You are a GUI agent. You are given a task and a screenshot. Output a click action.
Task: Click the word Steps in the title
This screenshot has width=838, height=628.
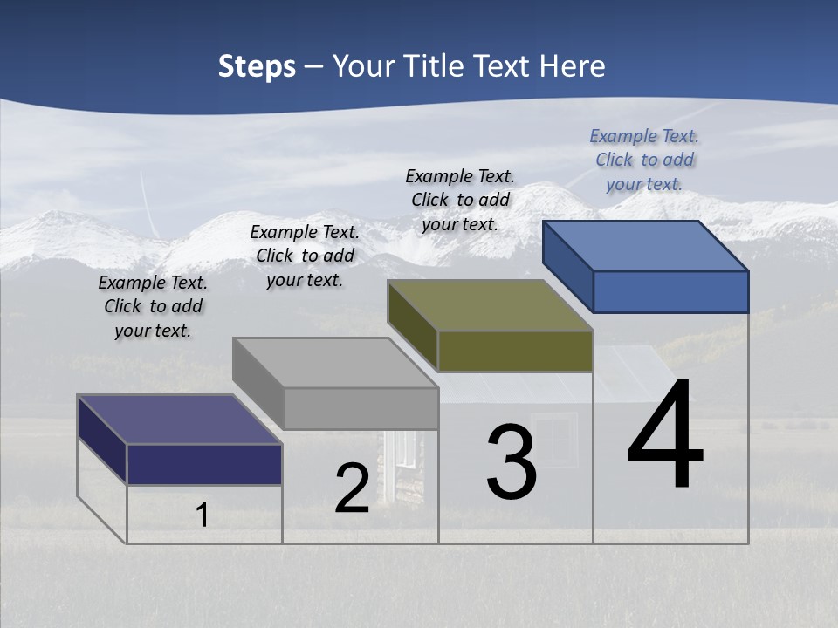pos(257,66)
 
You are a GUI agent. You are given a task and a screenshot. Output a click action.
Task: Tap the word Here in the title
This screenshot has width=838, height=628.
pos(573,66)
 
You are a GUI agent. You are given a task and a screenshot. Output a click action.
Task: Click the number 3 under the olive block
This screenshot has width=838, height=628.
pos(512,462)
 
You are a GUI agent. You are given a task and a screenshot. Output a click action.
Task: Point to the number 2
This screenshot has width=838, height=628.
pos(352,489)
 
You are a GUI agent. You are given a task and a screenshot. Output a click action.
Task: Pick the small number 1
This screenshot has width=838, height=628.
pos(202,515)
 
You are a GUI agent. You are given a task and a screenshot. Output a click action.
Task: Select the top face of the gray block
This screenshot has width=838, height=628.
pos(335,363)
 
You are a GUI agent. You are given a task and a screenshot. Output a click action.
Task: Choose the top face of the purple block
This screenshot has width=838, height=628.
pos(180,420)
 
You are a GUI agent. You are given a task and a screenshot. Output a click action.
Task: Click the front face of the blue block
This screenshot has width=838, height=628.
pos(670,291)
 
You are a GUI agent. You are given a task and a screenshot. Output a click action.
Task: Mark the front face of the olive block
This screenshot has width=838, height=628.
pos(515,351)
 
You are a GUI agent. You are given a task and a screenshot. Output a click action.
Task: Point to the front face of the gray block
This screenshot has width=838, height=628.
pos(361,408)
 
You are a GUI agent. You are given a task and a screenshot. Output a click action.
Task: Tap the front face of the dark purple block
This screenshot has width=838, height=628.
pos(204,464)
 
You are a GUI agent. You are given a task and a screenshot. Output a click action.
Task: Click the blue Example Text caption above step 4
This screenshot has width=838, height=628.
pos(644,160)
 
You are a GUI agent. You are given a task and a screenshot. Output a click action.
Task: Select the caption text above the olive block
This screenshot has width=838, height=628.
pos(460,200)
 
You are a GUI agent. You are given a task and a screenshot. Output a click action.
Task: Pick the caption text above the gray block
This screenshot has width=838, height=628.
pos(305,256)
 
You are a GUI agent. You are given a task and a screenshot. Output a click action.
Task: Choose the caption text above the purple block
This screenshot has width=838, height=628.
pos(153,306)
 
